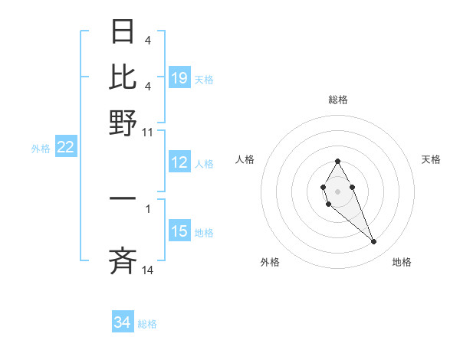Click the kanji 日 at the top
tap(123, 33)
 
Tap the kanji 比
tap(123, 77)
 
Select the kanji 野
tap(123, 122)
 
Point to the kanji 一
tap(123, 199)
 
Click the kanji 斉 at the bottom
tap(123, 262)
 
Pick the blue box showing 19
tap(179, 78)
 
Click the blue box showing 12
tap(179, 162)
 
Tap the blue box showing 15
tap(179, 231)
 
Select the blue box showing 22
tap(65, 148)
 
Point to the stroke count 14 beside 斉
tap(147, 270)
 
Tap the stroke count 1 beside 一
tap(147, 208)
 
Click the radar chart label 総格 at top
tap(338, 100)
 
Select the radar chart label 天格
tap(431, 159)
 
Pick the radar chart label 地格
tap(402, 262)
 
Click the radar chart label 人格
tap(245, 159)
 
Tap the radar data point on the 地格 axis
tap(373, 242)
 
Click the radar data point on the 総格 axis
tap(337, 161)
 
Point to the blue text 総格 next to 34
tap(147, 324)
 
